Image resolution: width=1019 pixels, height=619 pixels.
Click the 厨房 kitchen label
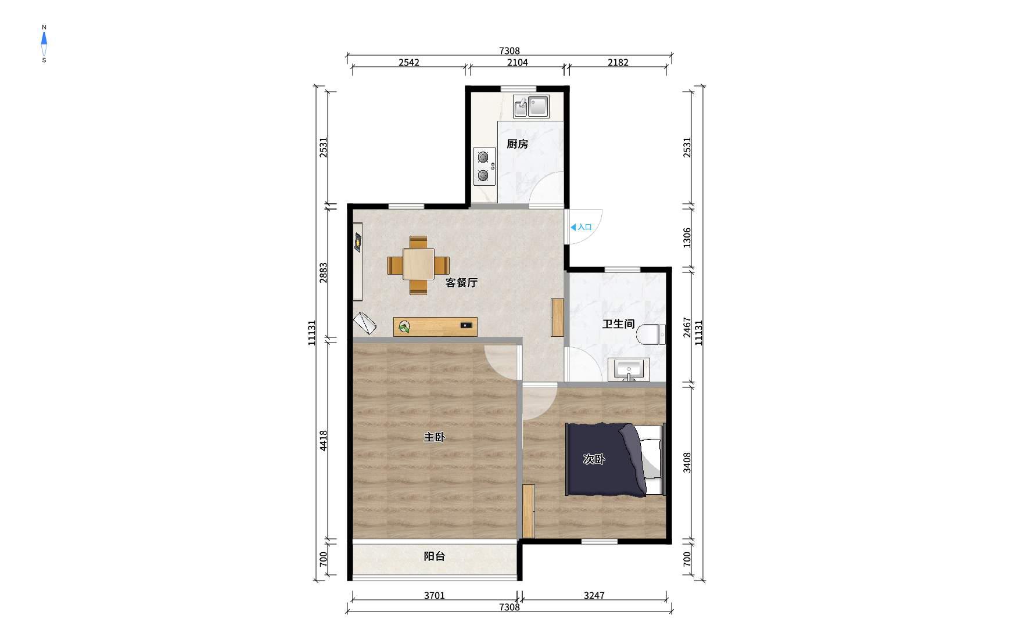517,144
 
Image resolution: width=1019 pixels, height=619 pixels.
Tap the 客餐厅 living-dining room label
461,283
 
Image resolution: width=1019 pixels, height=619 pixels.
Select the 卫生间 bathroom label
618,324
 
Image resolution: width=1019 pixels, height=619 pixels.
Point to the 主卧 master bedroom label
434,437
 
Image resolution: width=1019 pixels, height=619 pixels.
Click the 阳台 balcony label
434,556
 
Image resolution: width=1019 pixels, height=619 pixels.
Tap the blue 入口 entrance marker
581,227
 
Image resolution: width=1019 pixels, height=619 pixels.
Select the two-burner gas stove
485,166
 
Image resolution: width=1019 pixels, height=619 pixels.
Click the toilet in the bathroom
650,335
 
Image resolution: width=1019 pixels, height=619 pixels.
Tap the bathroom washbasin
629,370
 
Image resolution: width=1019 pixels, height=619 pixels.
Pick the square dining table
418,265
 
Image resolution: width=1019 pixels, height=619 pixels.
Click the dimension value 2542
409,63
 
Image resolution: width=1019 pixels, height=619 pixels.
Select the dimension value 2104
518,63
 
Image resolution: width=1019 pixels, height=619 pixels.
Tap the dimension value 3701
434,595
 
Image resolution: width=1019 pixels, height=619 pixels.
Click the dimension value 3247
594,595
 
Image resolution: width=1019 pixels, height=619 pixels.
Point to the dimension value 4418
324,441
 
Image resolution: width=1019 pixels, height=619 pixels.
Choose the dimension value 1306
687,238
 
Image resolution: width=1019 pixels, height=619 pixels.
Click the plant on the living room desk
404,328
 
